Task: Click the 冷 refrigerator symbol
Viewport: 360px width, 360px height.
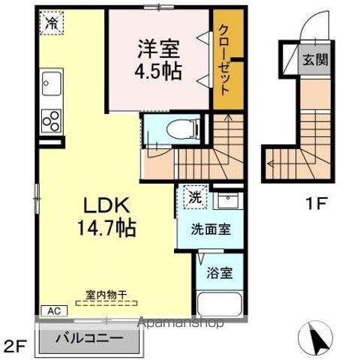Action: point(52,25)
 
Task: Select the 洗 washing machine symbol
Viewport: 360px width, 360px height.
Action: point(193,199)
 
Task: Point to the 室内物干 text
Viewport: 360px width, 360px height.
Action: point(106,295)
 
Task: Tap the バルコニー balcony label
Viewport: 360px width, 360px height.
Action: point(97,338)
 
